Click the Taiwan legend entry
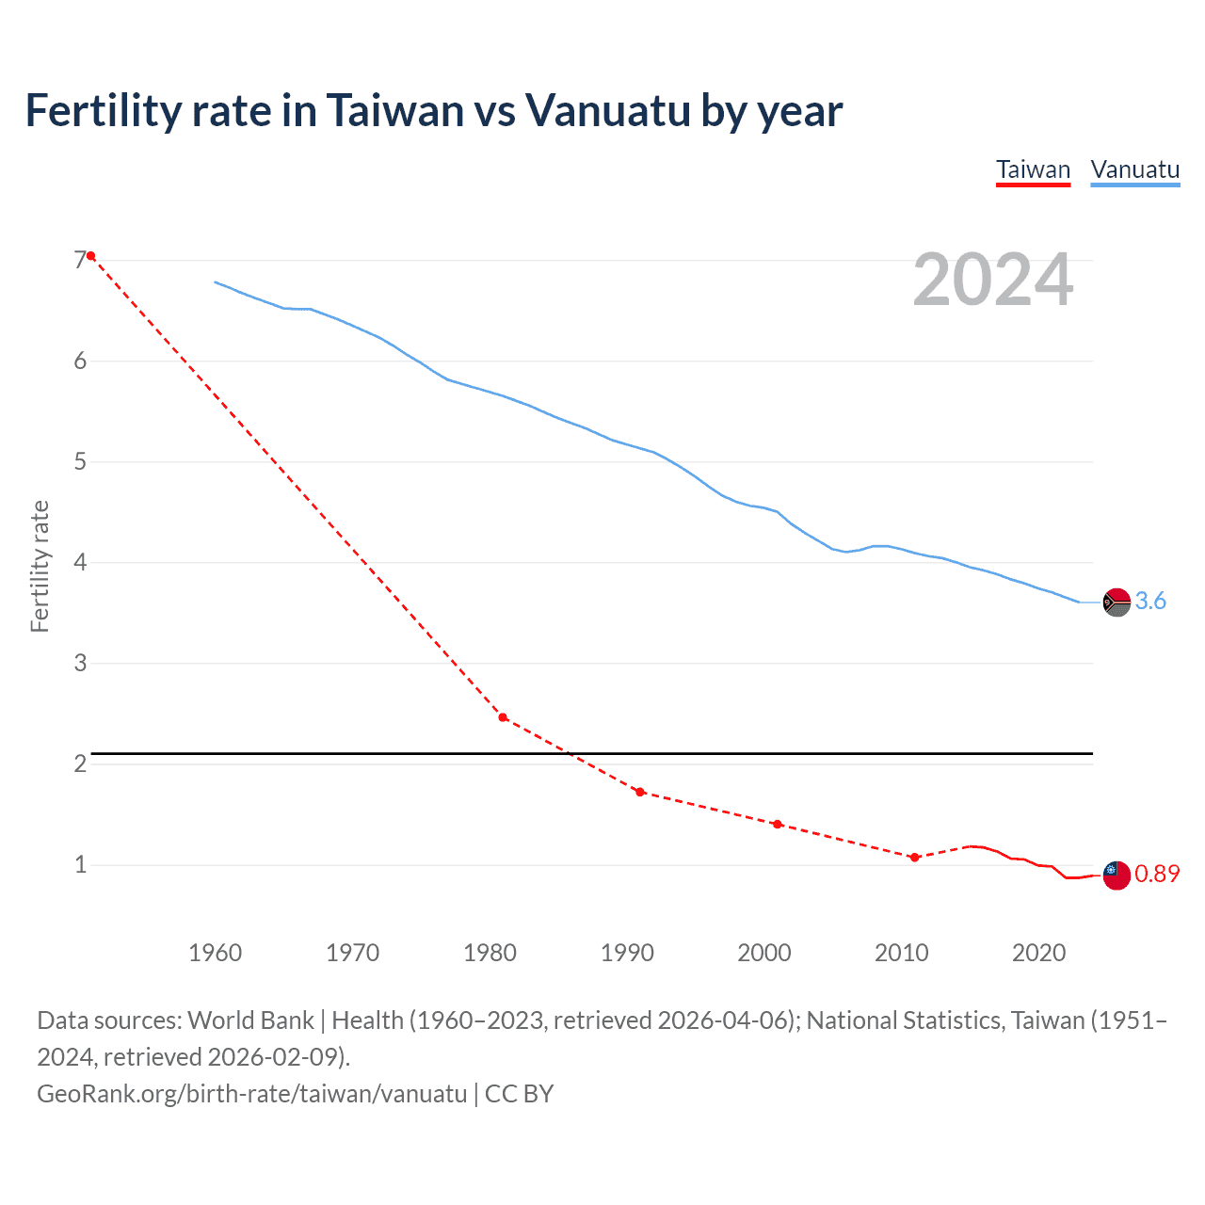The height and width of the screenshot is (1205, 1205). [x=1033, y=170]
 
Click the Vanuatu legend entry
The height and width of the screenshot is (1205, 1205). [x=1134, y=170]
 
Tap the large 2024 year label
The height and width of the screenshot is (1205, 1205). [x=992, y=280]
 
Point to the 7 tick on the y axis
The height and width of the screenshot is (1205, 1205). [x=80, y=260]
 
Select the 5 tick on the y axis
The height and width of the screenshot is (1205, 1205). [x=80, y=461]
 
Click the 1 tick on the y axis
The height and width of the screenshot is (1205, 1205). [x=80, y=864]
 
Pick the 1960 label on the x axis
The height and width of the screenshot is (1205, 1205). [x=215, y=953]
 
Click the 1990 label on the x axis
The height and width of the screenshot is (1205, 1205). [x=627, y=953]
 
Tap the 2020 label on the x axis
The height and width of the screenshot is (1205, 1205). [x=1038, y=953]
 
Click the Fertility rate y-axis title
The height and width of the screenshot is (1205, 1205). [x=40, y=566]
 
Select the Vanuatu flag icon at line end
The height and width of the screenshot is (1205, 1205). [x=1117, y=602]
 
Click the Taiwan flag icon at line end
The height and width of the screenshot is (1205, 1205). [x=1117, y=875]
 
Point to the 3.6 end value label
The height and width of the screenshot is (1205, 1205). [x=1150, y=601]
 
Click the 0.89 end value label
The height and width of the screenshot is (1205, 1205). [x=1157, y=874]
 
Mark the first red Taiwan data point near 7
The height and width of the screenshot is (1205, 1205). [x=90, y=256]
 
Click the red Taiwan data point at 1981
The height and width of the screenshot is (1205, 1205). [x=503, y=717]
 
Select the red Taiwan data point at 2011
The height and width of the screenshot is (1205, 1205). [x=914, y=857]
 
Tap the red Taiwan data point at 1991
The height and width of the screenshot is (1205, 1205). [x=640, y=792]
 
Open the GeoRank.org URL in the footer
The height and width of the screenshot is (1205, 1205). [x=251, y=1093]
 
